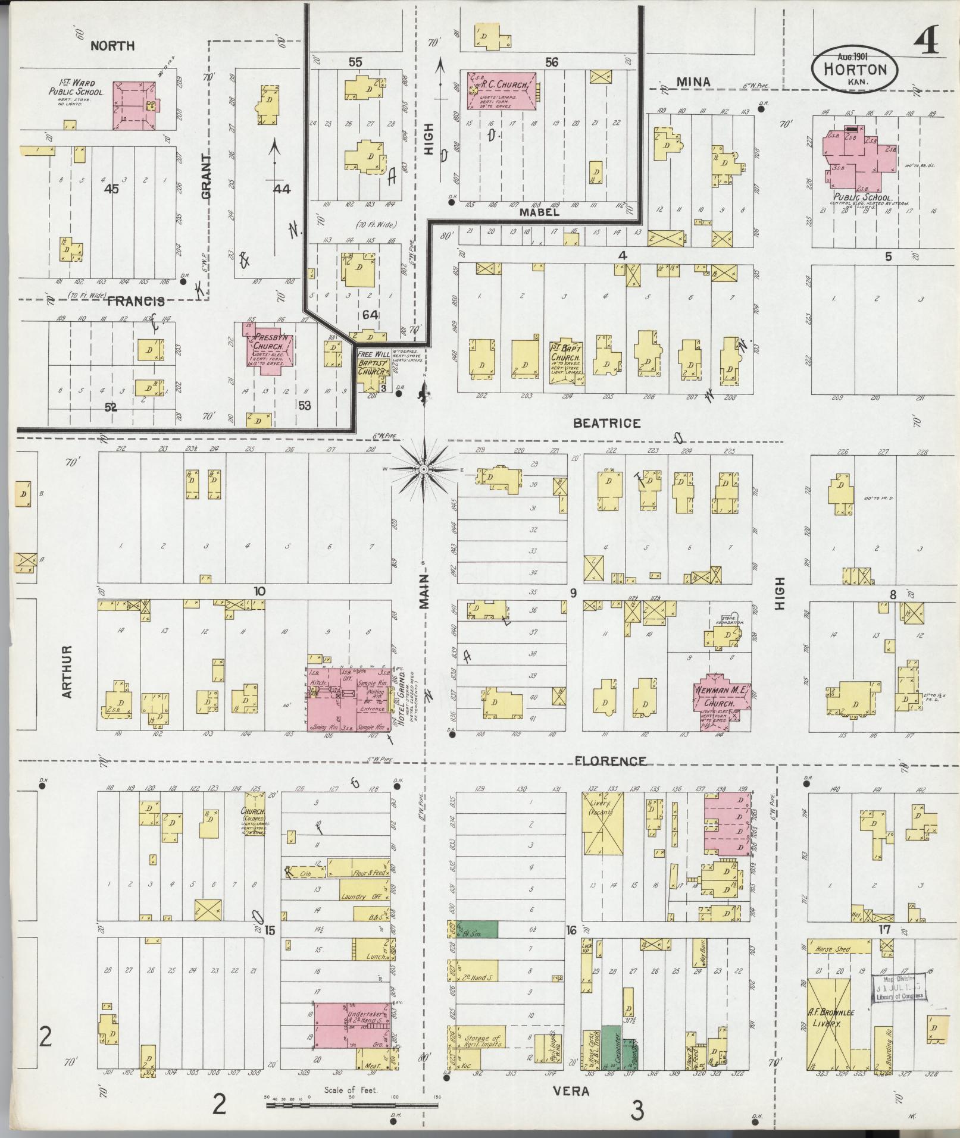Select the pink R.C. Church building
click(x=502, y=90)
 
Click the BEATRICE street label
click(x=606, y=424)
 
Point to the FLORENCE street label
click(x=610, y=761)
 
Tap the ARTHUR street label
click(x=66, y=672)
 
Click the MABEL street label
click(x=539, y=212)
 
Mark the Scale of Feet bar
click(x=352, y=1106)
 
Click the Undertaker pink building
click(x=352, y=1031)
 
